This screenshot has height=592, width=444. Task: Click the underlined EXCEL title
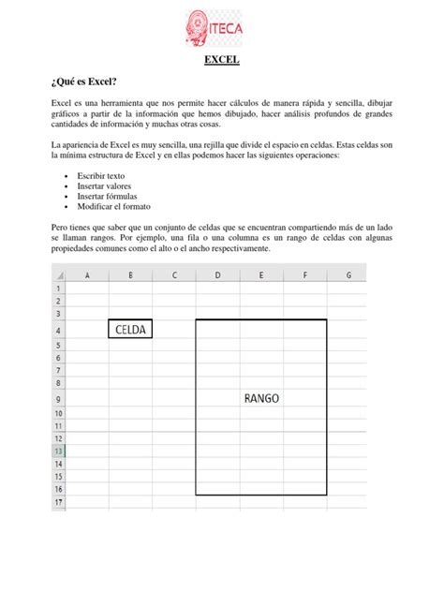click(x=222, y=63)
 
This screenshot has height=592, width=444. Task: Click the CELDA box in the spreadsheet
click(x=130, y=330)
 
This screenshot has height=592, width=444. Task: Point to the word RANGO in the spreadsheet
click(x=261, y=397)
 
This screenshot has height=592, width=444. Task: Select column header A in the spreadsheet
click(x=87, y=275)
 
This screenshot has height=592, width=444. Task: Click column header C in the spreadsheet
click(x=174, y=275)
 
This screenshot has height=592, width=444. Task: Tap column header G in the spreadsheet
click(x=348, y=275)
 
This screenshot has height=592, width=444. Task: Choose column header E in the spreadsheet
click(x=261, y=275)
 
